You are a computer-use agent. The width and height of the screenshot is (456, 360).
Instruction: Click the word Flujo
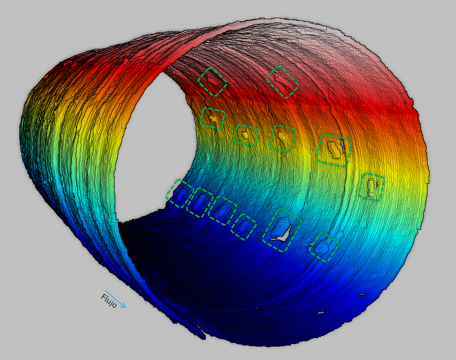[x=109, y=301]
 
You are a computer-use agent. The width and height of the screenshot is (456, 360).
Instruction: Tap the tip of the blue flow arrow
[x=125, y=307]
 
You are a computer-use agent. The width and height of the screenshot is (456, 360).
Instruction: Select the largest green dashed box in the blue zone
[x=281, y=230]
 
